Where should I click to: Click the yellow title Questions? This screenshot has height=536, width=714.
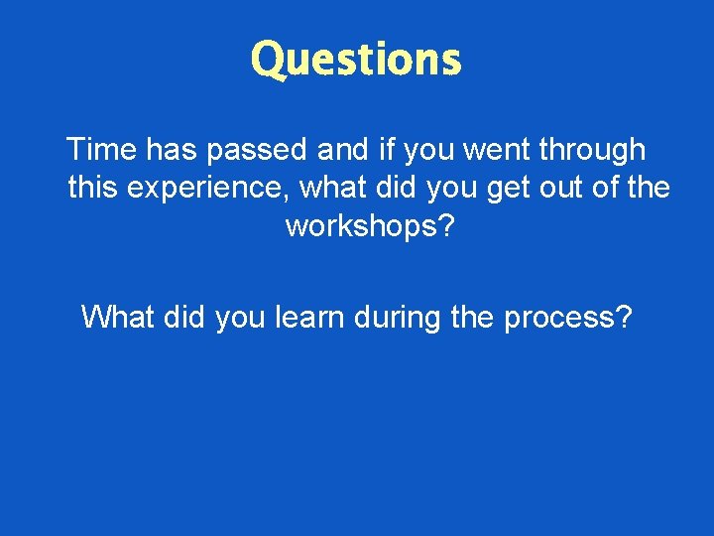pos(356,60)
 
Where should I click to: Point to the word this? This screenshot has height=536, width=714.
pos(92,187)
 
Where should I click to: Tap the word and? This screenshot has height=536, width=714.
pos(342,150)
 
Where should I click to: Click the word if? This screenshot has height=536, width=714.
pos(386,150)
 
